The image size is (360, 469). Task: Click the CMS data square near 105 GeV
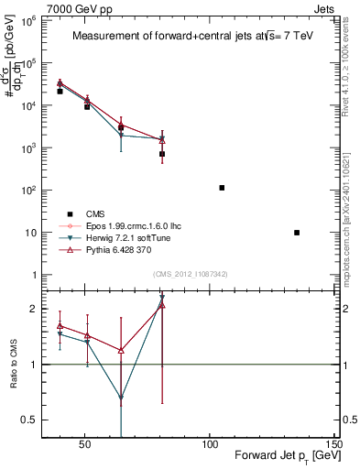point(222,188)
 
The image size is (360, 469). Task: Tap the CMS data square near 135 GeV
point(297,233)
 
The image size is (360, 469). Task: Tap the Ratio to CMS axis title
point(14,364)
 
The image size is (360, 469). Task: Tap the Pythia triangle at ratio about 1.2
point(121,350)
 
